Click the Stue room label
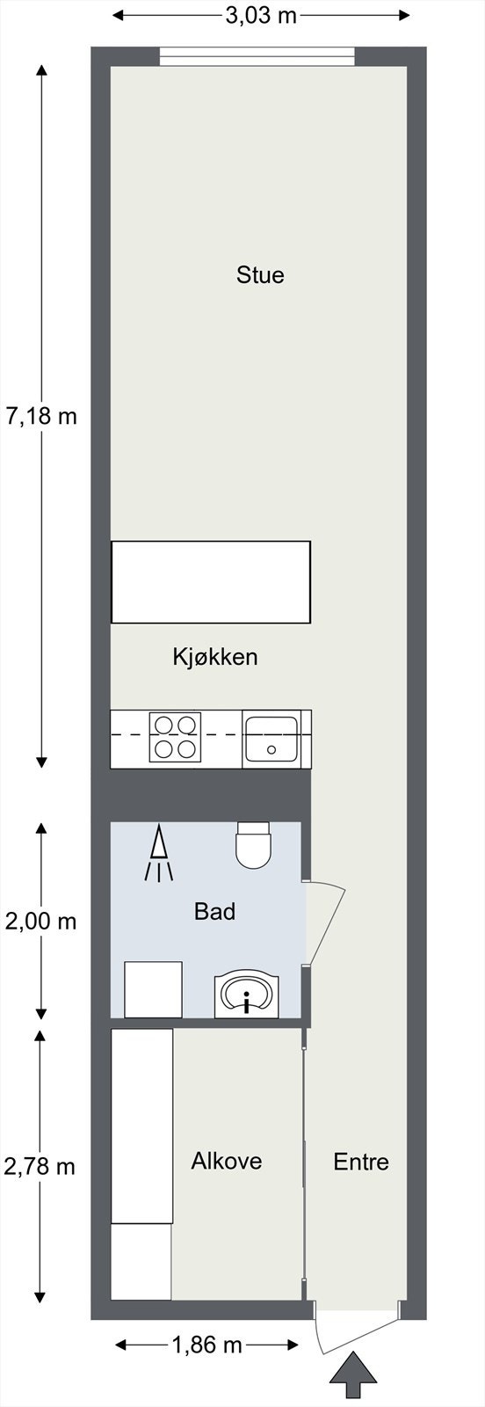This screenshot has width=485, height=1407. (260, 275)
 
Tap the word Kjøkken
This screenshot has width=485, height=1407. (215, 656)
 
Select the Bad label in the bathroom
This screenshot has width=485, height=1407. (215, 911)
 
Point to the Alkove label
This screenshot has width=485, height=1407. (227, 1161)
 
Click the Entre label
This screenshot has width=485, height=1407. (361, 1162)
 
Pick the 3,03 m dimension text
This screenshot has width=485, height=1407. (261, 16)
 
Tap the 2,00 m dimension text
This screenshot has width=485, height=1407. (41, 922)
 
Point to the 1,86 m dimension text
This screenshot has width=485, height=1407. (206, 1345)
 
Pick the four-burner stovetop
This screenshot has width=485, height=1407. (174, 737)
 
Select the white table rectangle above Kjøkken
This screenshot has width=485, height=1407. (211, 582)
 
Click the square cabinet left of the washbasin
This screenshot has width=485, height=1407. (153, 989)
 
